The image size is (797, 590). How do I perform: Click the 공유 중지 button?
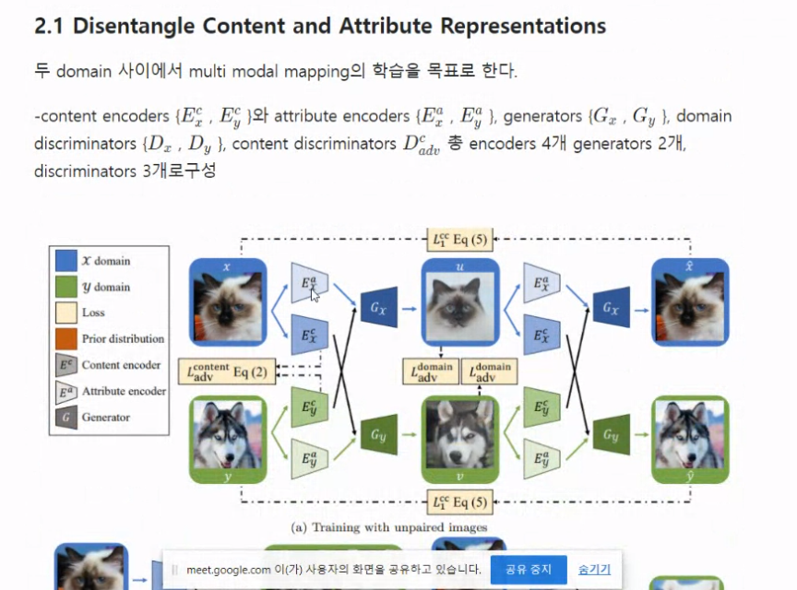tap(527, 569)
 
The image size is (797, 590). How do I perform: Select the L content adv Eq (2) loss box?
tap(222, 372)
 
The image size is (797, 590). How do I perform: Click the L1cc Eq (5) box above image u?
tap(460, 241)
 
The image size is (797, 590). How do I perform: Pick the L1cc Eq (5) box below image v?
tap(460, 502)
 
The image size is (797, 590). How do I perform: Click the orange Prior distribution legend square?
tap(65, 338)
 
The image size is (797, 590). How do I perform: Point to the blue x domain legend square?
tap(65, 261)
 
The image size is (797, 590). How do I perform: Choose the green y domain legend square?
tap(65, 287)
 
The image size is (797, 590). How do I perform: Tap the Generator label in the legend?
tap(105, 417)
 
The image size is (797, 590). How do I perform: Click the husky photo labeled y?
tap(228, 437)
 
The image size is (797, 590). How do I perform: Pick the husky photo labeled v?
tap(460, 439)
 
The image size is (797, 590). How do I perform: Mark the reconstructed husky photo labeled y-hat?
tap(690, 439)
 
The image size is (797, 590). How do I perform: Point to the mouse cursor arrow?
tap(315, 294)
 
